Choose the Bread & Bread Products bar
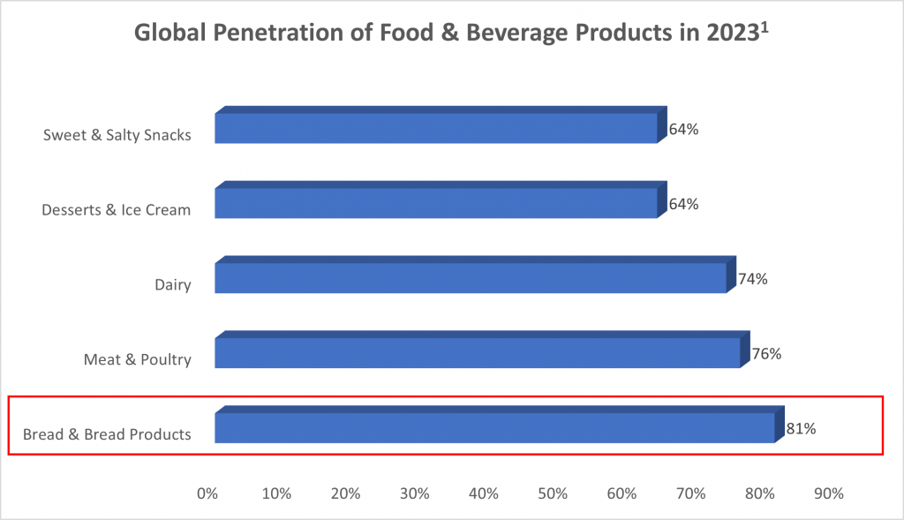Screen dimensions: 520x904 (x=494, y=427)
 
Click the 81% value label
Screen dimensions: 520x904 (x=801, y=429)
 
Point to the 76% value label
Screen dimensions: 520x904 (x=766, y=354)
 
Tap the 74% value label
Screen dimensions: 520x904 (x=752, y=279)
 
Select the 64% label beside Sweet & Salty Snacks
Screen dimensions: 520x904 (x=683, y=129)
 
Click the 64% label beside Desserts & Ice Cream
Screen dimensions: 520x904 (x=683, y=204)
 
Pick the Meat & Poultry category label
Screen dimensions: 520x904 (x=137, y=360)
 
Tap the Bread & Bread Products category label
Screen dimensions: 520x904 (x=107, y=434)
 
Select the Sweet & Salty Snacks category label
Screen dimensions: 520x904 (x=117, y=135)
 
